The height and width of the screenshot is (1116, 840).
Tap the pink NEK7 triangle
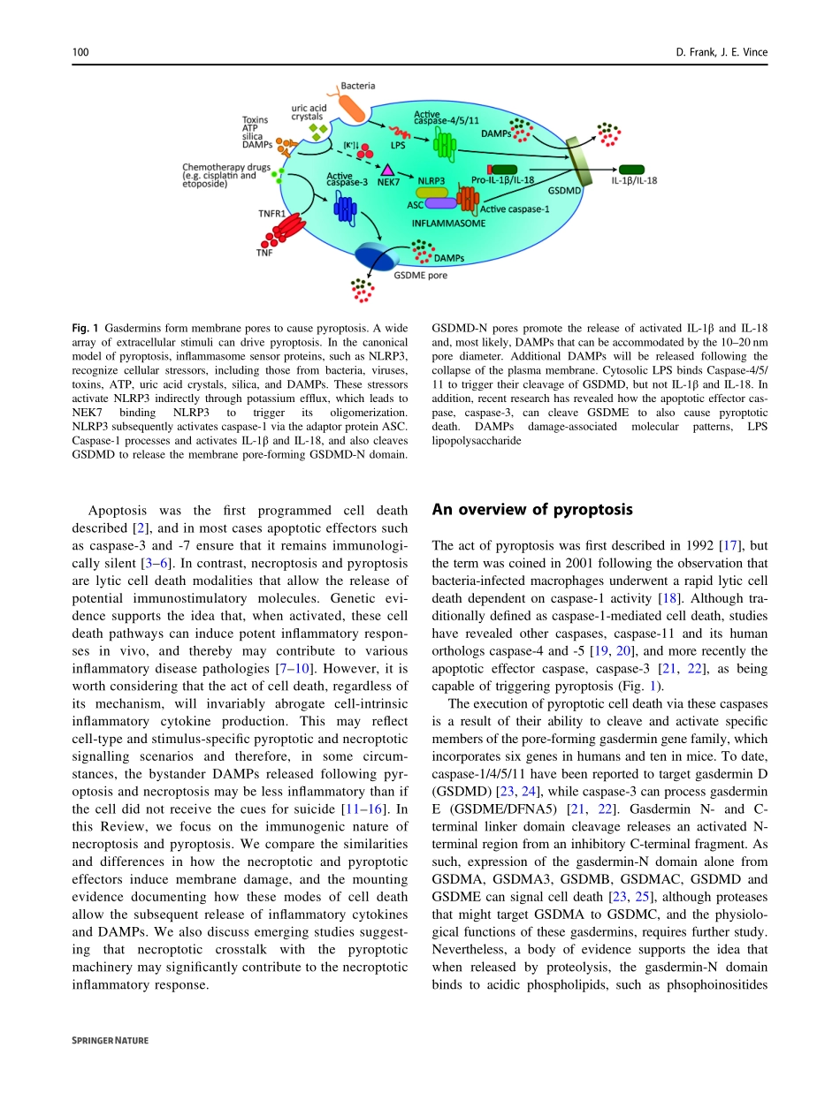click(387, 168)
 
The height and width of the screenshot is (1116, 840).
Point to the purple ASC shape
click(440, 203)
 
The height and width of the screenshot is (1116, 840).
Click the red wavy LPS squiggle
click(402, 133)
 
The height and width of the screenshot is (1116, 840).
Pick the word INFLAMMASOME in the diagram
click(448, 224)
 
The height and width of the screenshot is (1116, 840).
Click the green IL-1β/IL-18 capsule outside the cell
click(631, 169)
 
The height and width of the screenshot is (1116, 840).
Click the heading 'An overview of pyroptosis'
click(532, 510)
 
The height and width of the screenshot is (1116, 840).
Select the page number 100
click(80, 53)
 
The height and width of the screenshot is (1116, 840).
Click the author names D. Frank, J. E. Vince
click(721, 53)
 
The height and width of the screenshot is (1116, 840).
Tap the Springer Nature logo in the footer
click(110, 1041)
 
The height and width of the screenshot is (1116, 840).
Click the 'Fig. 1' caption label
click(85, 329)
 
